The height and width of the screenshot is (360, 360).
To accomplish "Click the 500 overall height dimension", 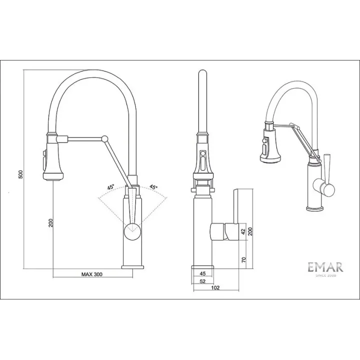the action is [x=21, y=174].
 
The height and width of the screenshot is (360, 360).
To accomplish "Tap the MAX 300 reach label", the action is [x=92, y=274].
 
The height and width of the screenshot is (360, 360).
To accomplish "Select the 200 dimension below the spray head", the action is [x=50, y=223].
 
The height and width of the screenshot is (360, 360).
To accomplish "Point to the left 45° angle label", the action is [x=110, y=187].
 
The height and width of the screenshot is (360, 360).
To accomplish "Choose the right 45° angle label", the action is [x=153, y=187].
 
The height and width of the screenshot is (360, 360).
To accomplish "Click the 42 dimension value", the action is [x=243, y=232].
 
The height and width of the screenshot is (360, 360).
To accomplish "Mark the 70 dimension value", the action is [x=243, y=260].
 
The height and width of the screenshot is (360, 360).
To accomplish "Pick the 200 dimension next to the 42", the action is [x=250, y=231].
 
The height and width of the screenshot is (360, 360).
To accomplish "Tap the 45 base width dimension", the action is [x=202, y=273].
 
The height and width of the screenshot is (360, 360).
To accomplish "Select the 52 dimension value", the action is [x=202, y=281].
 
